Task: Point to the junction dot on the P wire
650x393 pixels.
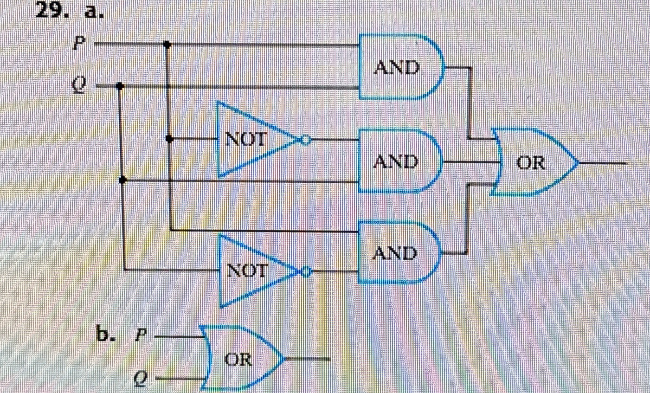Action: pyautogui.click(x=167, y=45)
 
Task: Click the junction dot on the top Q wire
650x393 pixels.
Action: pyautogui.click(x=120, y=86)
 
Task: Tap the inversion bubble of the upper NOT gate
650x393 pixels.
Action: pyautogui.click(x=305, y=140)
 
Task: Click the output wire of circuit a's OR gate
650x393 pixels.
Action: pyautogui.click(x=603, y=163)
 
